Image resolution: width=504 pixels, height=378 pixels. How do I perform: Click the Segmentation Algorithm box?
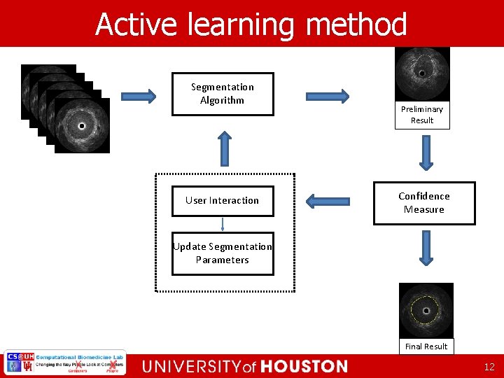click(223, 94)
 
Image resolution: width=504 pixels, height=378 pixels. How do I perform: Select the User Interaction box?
click(223, 200)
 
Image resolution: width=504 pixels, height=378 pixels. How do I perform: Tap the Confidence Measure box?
click(424, 203)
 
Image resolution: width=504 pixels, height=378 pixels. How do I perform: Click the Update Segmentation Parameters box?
click(223, 253)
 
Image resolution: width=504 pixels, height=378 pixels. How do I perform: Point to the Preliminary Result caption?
click(422, 115)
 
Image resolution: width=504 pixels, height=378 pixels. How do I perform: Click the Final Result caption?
click(426, 346)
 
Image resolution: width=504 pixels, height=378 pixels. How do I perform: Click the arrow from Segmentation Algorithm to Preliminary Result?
click(326, 96)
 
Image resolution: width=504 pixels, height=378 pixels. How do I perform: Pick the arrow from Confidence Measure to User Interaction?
click(328, 202)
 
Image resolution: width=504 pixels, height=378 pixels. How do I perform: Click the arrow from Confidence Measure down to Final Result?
click(425, 247)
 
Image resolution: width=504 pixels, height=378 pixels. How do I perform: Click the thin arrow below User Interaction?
click(223, 224)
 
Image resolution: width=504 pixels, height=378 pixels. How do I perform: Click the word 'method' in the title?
click(356, 25)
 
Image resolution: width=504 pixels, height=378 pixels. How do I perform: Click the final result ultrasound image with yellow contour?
click(426, 310)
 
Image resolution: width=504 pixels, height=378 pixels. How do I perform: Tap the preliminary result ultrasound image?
click(422, 73)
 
